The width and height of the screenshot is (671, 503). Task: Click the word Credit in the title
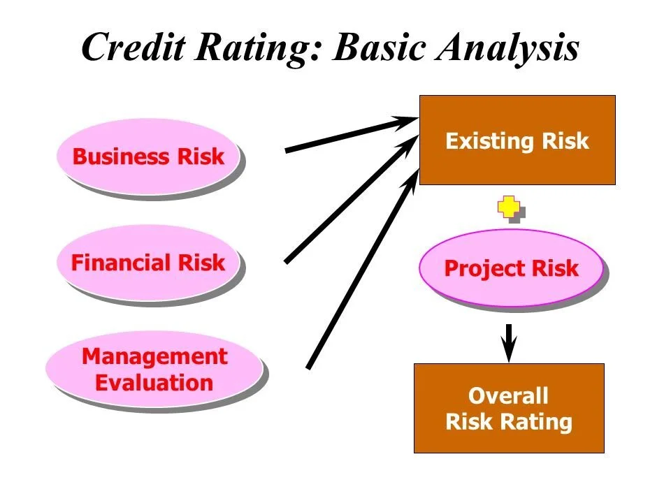coord(136,48)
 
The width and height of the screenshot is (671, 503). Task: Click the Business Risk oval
coord(148,156)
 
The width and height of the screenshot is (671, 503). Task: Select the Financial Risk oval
coord(148,263)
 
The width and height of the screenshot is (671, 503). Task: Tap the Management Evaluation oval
coord(154,370)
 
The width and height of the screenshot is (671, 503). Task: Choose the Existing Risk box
coord(517,140)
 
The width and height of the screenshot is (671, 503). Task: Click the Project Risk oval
coord(511,268)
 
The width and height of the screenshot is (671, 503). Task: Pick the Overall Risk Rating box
coord(508,408)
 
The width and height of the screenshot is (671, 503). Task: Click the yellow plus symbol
coord(509,207)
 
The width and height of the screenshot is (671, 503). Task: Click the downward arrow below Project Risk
coord(510,341)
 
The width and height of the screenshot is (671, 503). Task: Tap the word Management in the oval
coord(154,357)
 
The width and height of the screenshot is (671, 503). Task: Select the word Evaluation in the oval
coord(154,383)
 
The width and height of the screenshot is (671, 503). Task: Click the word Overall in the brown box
coord(508,396)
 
